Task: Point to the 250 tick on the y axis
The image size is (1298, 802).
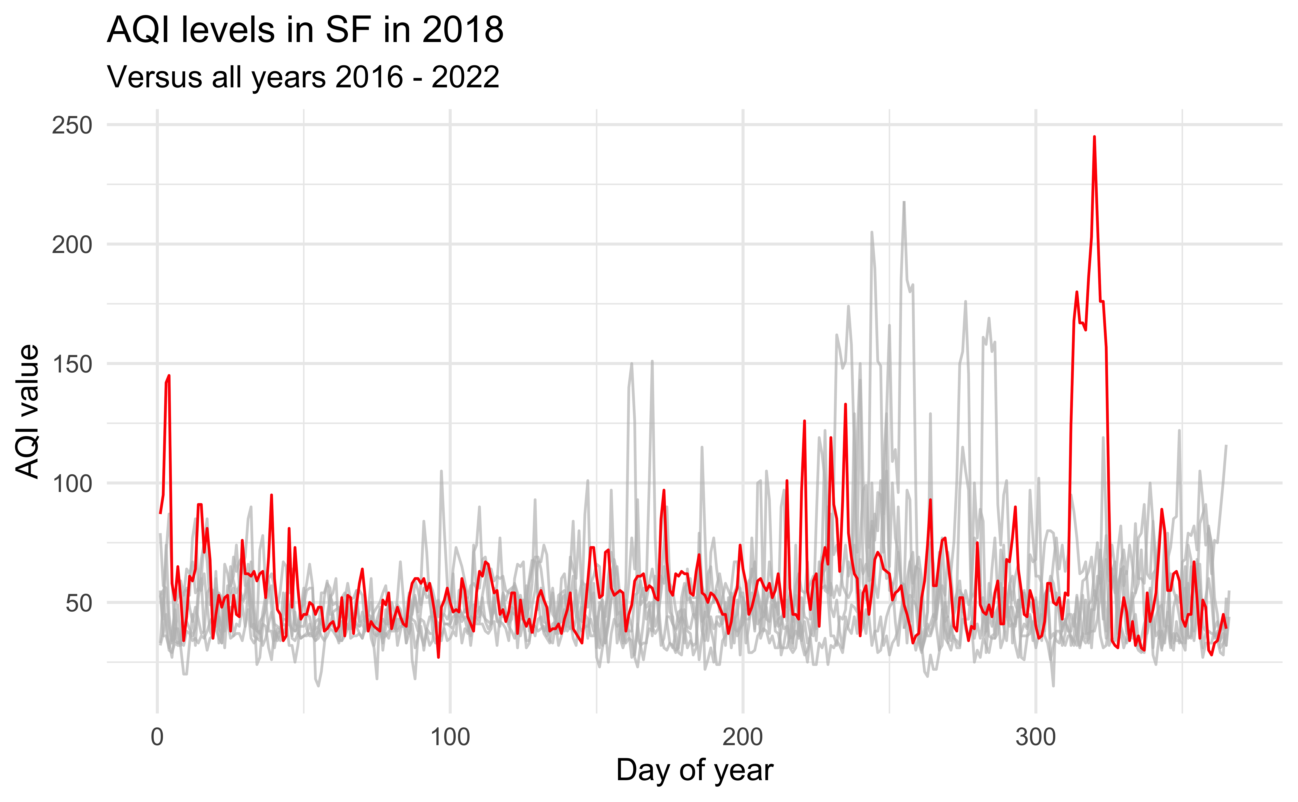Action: (x=72, y=126)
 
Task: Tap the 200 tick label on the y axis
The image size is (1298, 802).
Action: (x=72, y=245)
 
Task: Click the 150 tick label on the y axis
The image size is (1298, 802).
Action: (x=72, y=364)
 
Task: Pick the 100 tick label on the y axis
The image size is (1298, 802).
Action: (x=72, y=484)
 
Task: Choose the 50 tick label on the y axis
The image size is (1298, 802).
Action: (x=78, y=603)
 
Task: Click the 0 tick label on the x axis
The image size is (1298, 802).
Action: (x=157, y=737)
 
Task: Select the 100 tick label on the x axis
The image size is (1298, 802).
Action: (x=450, y=737)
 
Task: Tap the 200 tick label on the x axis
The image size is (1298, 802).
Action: (x=743, y=737)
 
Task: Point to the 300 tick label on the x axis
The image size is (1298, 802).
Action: (x=1036, y=737)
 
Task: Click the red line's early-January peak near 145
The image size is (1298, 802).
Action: (x=169, y=376)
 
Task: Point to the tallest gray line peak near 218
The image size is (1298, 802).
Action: (x=904, y=202)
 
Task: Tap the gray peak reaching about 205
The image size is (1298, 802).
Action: (x=872, y=232)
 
